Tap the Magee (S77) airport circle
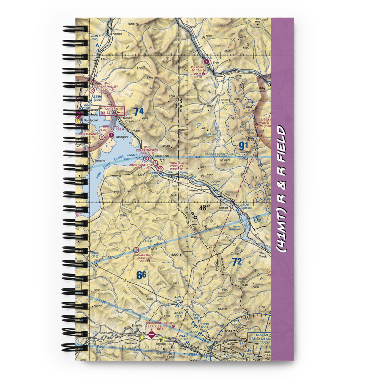(136, 250)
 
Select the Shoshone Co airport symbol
(151, 335)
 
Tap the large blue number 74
(139, 111)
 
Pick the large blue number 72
(237, 262)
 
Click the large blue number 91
(243, 145)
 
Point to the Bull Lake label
(210, 134)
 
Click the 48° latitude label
(205, 207)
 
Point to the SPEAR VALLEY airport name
(107, 86)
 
